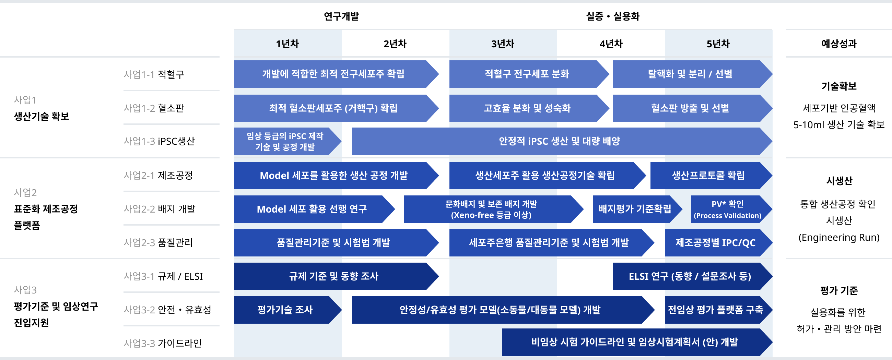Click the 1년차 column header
(x=287, y=44)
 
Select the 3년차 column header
(x=503, y=44)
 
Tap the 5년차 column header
(x=718, y=44)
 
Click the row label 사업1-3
(x=139, y=141)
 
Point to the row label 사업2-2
(x=139, y=209)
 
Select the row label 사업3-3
(x=139, y=344)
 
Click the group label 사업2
(x=25, y=192)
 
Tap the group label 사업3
(x=25, y=290)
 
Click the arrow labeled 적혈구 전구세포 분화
(x=527, y=74)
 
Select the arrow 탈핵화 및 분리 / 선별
(x=690, y=74)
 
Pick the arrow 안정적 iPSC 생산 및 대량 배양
(x=559, y=141)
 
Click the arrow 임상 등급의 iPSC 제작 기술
(x=285, y=141)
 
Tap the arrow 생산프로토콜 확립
(x=708, y=176)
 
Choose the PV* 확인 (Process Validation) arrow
(x=728, y=209)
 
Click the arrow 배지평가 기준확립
(x=635, y=209)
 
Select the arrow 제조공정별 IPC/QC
(x=715, y=243)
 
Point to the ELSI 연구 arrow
(x=690, y=276)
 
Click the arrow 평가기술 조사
(x=285, y=310)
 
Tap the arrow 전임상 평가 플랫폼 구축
(x=715, y=310)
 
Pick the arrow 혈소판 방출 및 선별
(x=690, y=108)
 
